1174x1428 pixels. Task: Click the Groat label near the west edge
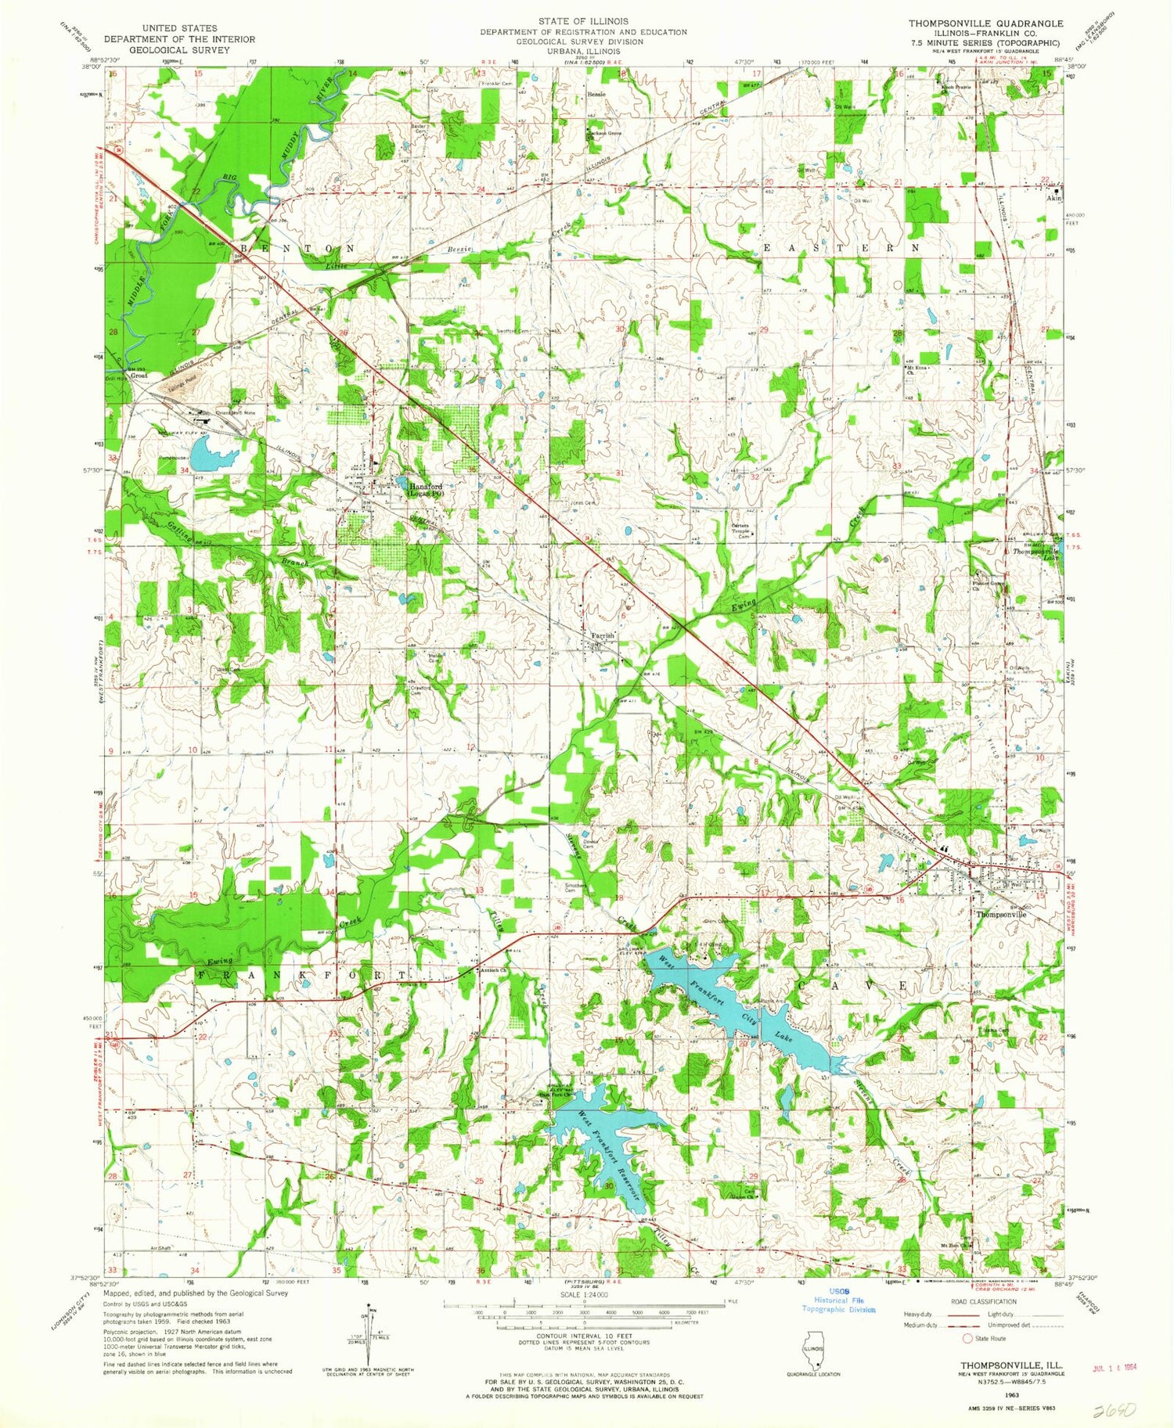click(x=139, y=376)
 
